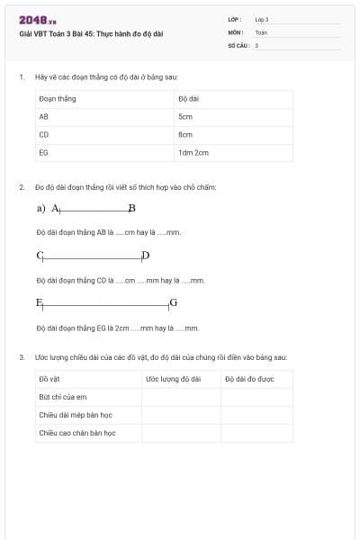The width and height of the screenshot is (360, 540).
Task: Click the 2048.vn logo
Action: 37,21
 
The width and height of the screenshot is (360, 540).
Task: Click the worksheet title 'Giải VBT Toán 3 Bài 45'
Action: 91,34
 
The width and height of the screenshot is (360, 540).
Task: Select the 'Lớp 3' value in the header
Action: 262,19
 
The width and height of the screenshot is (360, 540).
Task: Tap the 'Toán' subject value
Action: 261,31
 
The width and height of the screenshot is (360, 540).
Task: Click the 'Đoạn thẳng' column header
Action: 57,98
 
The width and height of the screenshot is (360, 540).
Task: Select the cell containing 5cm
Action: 185,117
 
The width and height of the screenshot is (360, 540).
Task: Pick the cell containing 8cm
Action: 185,135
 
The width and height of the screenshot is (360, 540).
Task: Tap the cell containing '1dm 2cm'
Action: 193,153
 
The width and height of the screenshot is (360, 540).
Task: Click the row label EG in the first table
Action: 43,153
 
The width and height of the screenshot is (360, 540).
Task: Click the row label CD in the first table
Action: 43,135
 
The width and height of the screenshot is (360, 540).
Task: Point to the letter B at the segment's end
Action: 131,209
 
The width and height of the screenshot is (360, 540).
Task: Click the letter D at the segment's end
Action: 145,256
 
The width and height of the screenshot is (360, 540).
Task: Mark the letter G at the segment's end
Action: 173,302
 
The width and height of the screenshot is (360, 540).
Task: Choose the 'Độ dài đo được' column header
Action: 249,379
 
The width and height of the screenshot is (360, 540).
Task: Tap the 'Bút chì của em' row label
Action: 62,397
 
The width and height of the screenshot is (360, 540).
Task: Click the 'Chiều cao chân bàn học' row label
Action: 76,433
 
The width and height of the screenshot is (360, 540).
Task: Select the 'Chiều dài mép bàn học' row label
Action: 75,415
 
